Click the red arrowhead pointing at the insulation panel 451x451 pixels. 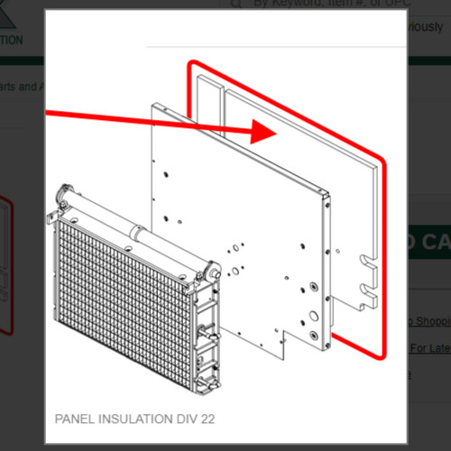pos(262,131)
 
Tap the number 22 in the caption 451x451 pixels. pos(207,419)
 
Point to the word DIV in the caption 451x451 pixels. pos(186,419)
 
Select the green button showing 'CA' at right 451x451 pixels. pos(424,244)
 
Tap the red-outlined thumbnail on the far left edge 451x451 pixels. pos(6,262)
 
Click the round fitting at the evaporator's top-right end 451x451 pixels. pos(213,270)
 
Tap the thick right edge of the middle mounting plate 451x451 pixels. pos(322,271)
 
